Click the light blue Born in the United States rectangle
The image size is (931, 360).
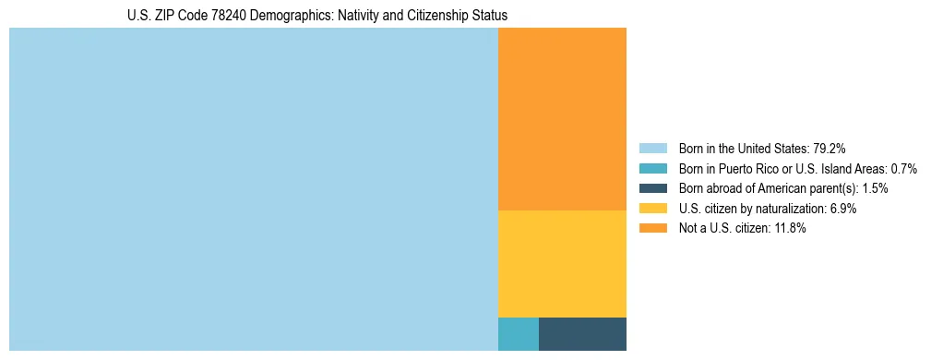[253, 189]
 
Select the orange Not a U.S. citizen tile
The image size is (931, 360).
[562, 119]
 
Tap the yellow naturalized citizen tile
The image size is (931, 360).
[562, 264]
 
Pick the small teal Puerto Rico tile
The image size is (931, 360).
[518, 334]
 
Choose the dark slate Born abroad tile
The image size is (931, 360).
[582, 334]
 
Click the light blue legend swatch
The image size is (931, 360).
[652, 148]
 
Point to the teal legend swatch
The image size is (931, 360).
[652, 168]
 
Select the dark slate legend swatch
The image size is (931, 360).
[652, 188]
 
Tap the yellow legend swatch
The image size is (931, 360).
[652, 209]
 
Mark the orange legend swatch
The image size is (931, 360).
[652, 229]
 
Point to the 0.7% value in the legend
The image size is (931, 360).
[903, 168]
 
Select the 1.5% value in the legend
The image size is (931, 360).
[875, 188]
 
